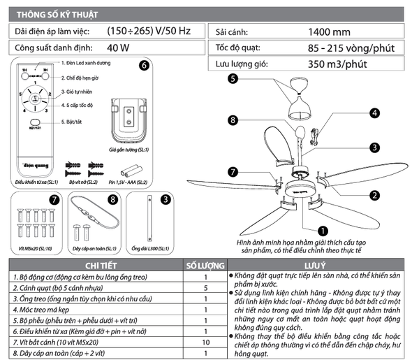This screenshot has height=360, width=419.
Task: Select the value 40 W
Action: click(119, 48)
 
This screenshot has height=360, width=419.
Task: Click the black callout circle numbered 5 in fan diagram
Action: click(233, 79)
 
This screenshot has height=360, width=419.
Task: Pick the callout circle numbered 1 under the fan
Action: click(323, 229)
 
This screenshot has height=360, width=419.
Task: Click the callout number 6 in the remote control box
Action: click(145, 66)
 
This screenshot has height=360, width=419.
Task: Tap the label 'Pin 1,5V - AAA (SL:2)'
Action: click(128, 182)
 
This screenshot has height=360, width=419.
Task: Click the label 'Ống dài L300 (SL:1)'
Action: click(148, 248)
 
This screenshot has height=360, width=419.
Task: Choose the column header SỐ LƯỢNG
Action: click(205, 266)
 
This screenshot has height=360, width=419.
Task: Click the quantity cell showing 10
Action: click(205, 343)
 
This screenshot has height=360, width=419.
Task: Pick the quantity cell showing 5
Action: click(205, 287)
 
